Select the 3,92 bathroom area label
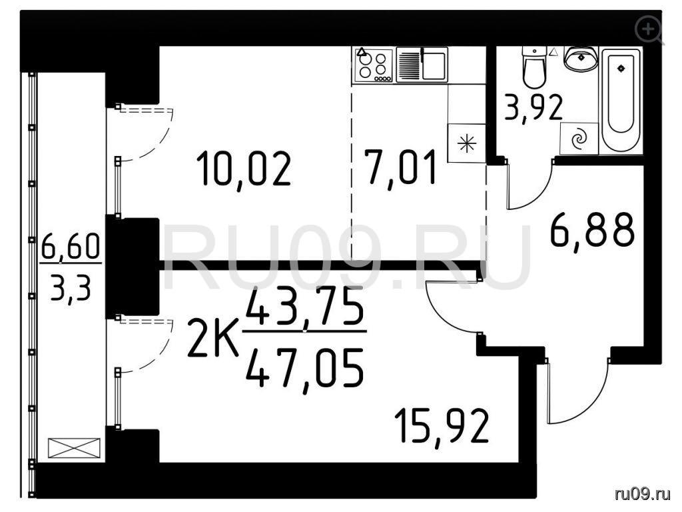tap(533, 108)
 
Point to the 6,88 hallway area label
tap(592, 230)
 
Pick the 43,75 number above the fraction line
tap(304, 307)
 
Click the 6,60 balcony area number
tap(71, 247)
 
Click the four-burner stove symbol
tap(373, 65)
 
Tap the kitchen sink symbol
tap(422, 65)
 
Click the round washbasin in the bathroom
tap(580, 59)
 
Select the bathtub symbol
tap(621, 101)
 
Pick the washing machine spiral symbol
tap(579, 139)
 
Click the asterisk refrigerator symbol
tap(466, 143)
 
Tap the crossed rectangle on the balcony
tap(74, 448)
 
